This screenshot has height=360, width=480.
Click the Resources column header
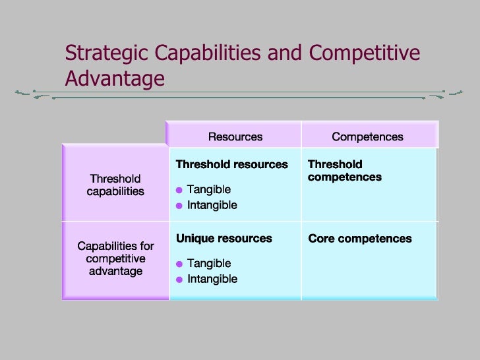235,137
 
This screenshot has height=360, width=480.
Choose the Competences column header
367,137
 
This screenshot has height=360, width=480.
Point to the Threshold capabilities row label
115,185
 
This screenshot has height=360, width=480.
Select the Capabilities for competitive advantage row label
115,258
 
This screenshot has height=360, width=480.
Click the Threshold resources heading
232,164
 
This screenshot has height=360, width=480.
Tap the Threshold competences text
344,171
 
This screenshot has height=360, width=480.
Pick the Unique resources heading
224,239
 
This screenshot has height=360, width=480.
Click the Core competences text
360,239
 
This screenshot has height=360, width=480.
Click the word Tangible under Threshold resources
209,190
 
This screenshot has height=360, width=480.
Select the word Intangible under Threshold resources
212,205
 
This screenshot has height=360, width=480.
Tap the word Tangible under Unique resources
209,264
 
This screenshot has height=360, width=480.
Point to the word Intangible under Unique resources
212,279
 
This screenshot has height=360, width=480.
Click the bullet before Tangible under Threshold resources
179,191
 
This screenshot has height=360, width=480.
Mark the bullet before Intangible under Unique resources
179,280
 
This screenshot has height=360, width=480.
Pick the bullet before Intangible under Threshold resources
179,206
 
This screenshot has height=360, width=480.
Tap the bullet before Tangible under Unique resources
179,264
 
